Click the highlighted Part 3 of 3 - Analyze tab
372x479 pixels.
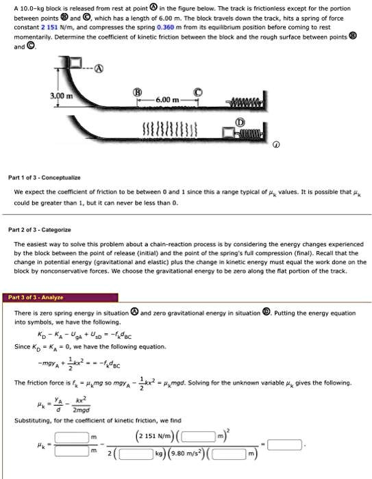[x=37, y=298]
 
